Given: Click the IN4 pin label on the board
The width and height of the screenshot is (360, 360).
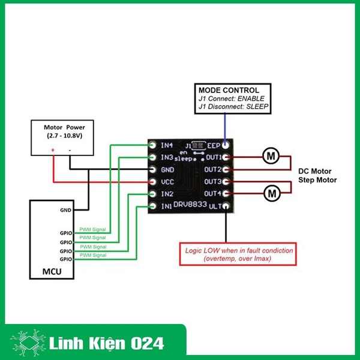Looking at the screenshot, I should [167, 145].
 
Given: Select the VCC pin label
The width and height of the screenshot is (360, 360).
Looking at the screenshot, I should [167, 182].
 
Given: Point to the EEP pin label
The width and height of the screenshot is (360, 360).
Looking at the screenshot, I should [213, 145].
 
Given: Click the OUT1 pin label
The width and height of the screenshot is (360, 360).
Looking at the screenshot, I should [212, 157].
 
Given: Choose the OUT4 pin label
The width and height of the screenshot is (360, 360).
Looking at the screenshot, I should [212, 194].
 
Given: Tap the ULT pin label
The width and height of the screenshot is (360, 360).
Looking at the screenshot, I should [214, 206].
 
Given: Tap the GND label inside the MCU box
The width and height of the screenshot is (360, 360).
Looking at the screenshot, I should [65, 211].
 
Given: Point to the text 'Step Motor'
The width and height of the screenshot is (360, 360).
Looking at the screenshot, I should [317, 180].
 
